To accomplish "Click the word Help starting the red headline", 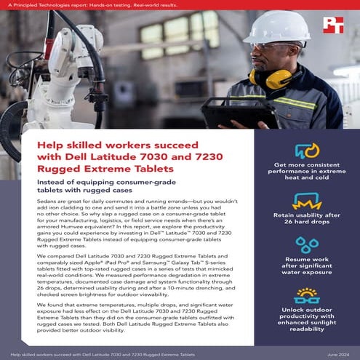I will coord(50,146).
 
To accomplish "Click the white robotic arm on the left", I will coord(33,80).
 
